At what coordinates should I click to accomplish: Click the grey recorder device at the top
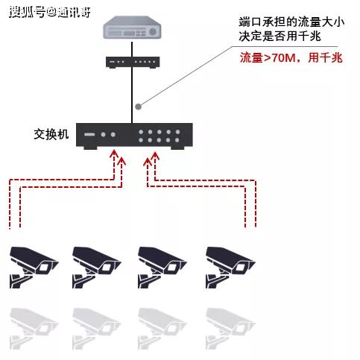[132, 28]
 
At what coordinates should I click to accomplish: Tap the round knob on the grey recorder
[153, 31]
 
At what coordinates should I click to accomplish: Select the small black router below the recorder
[133, 62]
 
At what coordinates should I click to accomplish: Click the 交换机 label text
[51, 134]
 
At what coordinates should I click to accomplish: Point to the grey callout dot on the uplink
[139, 107]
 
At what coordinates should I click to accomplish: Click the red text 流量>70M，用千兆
[291, 58]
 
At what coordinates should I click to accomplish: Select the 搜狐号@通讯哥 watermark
[50, 12]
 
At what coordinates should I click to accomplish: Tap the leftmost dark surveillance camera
[34, 268]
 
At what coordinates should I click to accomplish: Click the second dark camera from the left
[97, 268]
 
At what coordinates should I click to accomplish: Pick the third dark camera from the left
[162, 268]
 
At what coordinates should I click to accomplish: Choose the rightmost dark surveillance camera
[230, 268]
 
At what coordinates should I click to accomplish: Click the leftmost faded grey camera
[34, 329]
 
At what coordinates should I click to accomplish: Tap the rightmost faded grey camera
[230, 329]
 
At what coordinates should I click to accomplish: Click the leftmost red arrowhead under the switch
[114, 154]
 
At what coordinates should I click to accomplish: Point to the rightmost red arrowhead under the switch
[155, 156]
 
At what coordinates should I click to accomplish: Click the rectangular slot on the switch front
[89, 134]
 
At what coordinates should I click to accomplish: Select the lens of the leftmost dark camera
[43, 268]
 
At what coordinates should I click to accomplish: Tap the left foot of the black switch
[90, 148]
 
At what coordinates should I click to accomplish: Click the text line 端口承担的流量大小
[291, 22]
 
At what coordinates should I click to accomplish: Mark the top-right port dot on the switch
[177, 132]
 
